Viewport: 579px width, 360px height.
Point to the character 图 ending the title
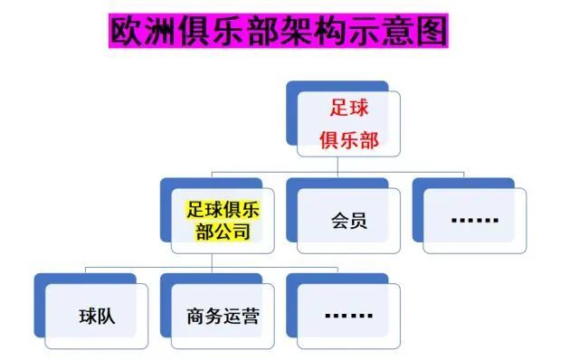432,33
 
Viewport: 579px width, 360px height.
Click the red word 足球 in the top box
349,106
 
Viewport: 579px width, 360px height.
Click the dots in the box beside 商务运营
348,316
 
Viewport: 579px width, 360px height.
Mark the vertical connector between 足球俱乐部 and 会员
337,166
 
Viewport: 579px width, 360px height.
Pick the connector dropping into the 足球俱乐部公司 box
212,174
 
